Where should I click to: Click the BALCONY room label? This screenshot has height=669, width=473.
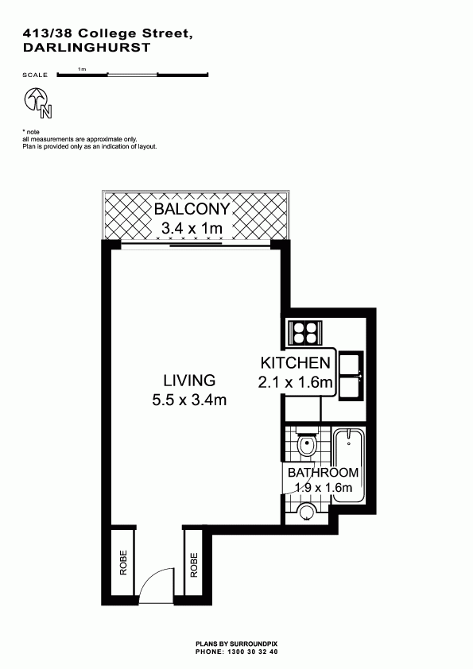click(192, 209)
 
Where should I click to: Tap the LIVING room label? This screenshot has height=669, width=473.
click(189, 380)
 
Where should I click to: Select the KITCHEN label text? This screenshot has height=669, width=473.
click(296, 363)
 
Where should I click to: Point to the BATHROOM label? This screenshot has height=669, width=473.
click(323, 472)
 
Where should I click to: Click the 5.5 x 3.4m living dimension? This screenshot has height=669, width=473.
click(189, 400)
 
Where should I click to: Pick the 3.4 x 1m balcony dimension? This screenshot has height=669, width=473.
click(192, 228)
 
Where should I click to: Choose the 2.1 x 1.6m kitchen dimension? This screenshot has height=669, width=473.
click(296, 382)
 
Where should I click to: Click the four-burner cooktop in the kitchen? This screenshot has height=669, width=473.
click(305, 333)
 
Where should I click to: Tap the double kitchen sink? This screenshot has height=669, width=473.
click(351, 376)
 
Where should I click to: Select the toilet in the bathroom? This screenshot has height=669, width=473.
click(307, 444)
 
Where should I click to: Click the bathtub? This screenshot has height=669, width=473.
click(349, 466)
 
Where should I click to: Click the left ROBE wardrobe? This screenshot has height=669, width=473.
click(123, 563)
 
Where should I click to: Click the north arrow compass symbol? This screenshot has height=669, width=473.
click(38, 102)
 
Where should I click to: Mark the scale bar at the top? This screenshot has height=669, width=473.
click(132, 75)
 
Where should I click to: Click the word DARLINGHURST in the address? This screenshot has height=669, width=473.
click(87, 48)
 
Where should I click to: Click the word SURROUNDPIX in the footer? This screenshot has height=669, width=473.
click(254, 644)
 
